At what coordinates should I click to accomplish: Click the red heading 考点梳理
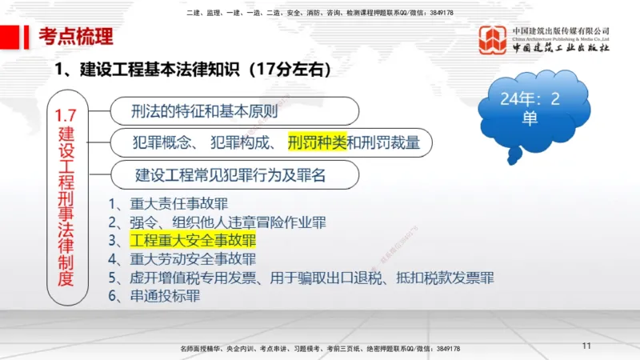coord(76,36)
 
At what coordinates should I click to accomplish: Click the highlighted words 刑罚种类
coord(317,142)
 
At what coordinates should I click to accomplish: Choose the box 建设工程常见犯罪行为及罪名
coord(231,173)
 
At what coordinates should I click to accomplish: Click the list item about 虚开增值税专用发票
coord(301,278)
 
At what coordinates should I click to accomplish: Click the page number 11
coord(586,346)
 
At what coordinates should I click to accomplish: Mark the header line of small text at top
coord(320,13)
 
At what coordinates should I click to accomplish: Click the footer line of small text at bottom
coord(320,349)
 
